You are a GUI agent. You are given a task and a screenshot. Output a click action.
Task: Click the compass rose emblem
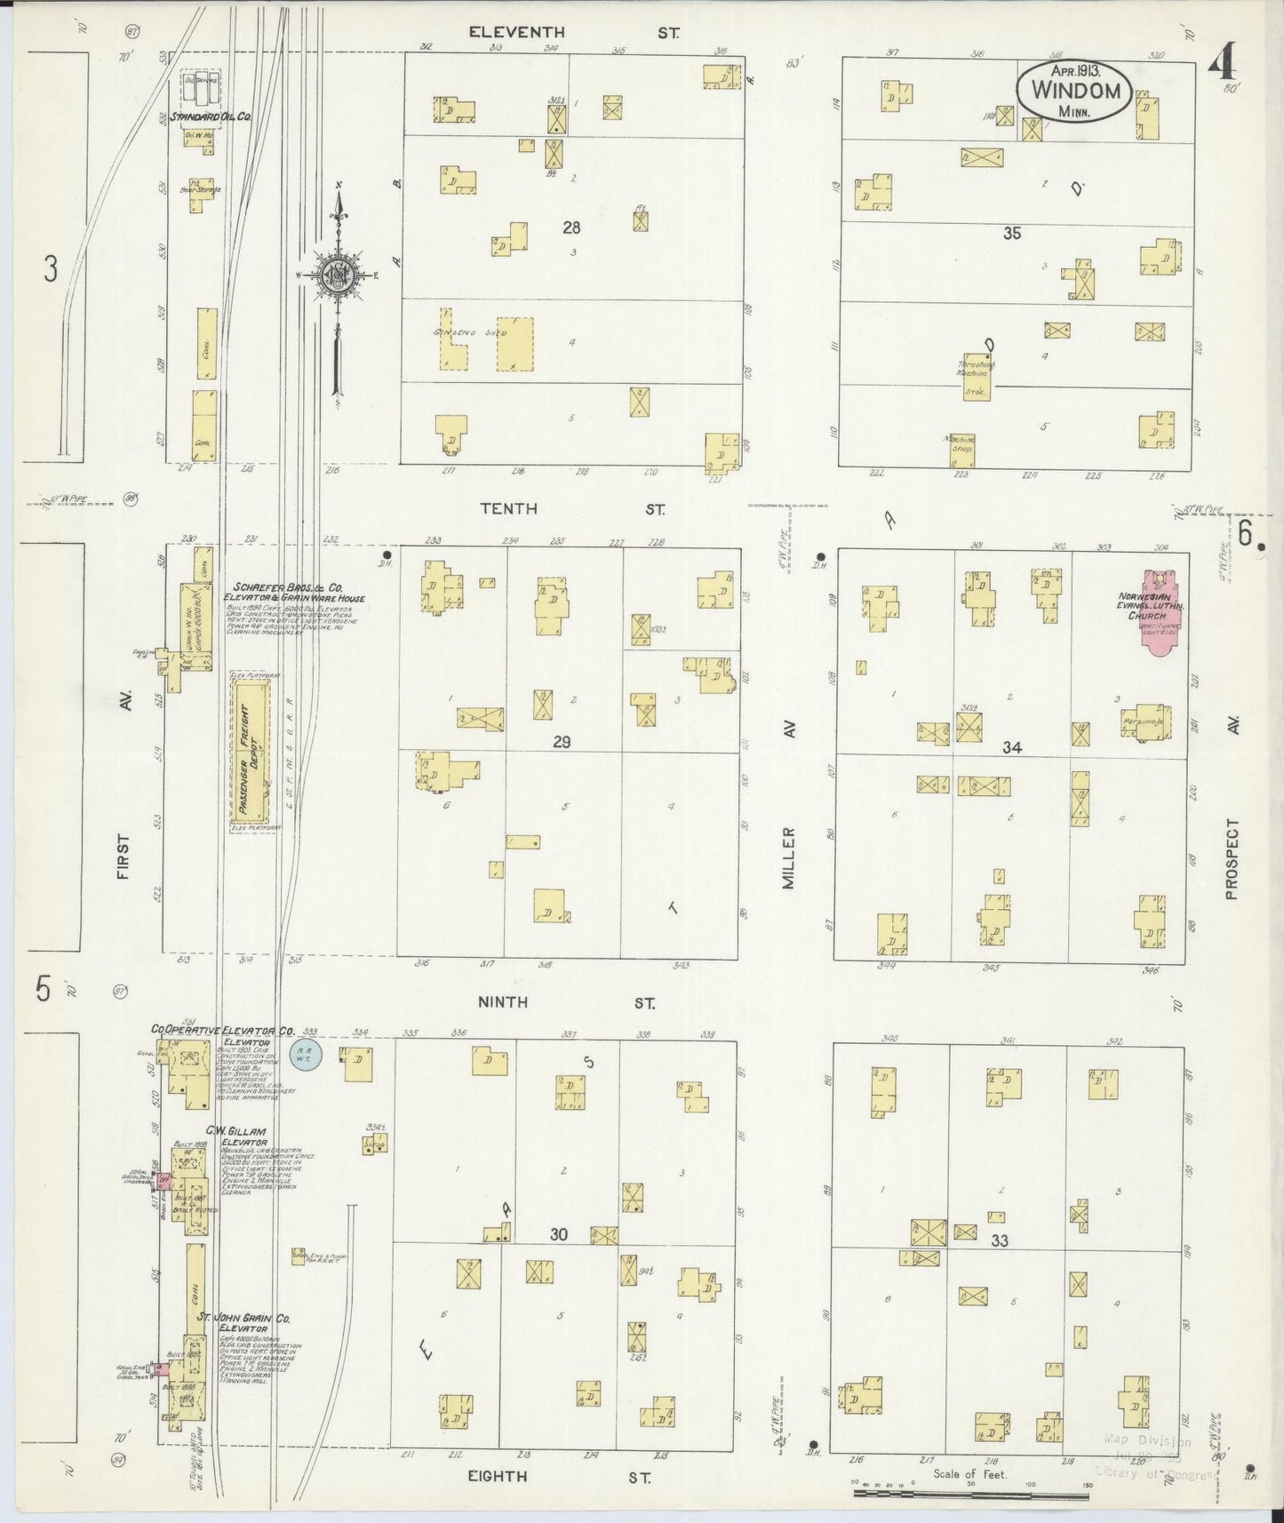click(339, 275)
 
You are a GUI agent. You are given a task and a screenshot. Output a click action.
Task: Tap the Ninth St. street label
click(565, 1002)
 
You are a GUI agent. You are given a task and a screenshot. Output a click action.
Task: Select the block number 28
click(571, 227)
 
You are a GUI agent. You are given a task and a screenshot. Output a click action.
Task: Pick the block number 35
click(1011, 234)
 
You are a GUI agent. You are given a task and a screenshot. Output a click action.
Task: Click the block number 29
click(561, 742)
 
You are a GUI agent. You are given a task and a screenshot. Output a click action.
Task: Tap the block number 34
click(1011, 747)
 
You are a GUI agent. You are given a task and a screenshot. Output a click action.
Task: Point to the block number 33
click(1001, 1240)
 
